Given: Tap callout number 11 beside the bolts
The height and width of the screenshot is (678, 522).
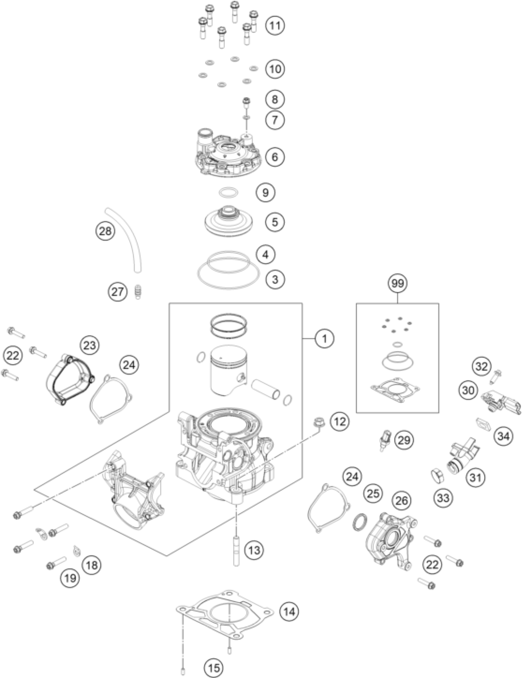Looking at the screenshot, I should coord(275,25).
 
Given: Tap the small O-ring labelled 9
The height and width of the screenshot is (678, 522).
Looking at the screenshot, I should coord(228,192).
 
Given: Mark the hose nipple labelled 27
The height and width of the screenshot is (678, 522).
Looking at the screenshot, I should coord(137,292).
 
